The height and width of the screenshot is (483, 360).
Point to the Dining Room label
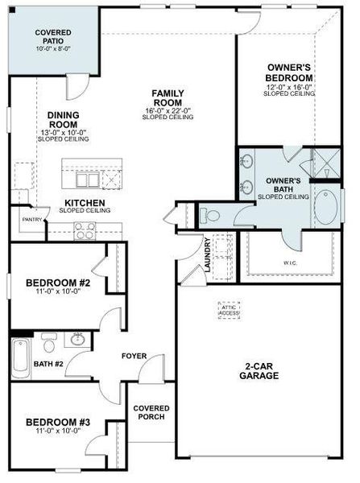click(x=61, y=121)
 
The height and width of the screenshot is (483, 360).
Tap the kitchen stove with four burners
click(x=85, y=231)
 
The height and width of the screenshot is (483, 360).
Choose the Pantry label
click(x=32, y=218)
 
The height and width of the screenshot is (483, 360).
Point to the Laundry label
click(x=208, y=254)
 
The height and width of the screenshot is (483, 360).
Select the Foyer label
click(x=134, y=356)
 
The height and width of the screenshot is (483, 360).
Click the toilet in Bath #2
click(x=48, y=345)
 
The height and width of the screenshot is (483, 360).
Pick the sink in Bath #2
click(x=78, y=338)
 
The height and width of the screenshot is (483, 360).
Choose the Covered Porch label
click(x=151, y=412)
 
